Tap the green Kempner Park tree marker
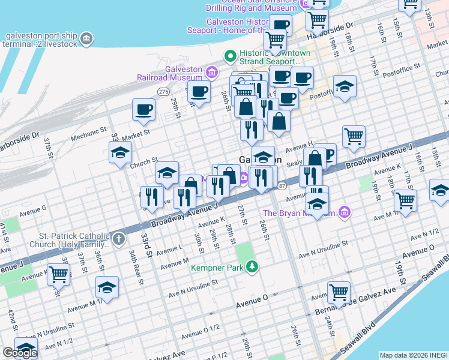tap(253, 266)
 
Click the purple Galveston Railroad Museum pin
tap(211, 73)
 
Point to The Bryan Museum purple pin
tap(343, 212)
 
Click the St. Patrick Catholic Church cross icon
tap(119, 240)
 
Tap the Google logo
tap(19, 352)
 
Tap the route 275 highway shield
tap(163, 91)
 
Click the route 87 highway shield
tap(282, 185)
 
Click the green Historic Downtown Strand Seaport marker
tap(229, 57)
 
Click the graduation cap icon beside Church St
tap(120, 152)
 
